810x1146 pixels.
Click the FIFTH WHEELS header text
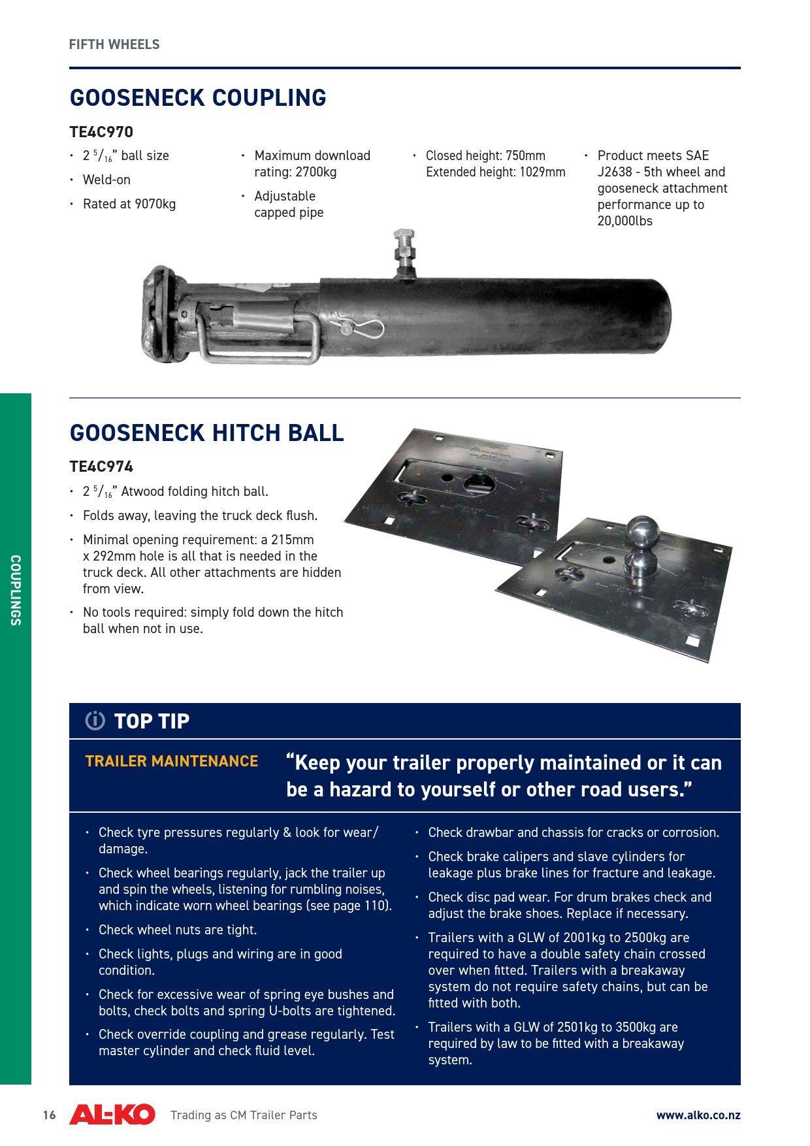click(114, 44)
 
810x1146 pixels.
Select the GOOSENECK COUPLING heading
click(198, 98)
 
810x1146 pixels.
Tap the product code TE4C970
click(101, 132)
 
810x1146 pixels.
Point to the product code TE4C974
click(101, 467)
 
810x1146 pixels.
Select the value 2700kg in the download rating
click(316, 172)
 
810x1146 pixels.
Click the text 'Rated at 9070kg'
click(129, 204)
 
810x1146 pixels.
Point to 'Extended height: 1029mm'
click(496, 172)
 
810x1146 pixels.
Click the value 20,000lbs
click(625, 221)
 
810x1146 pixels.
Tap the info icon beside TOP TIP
click(95, 720)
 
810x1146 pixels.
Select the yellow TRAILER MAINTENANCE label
click(172, 761)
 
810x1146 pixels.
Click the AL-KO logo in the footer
click(112, 1115)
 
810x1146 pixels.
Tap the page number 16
click(50, 1115)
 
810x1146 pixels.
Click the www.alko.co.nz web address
click(698, 1115)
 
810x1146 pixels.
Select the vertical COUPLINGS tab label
click(16, 590)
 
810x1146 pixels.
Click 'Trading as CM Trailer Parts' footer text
click(244, 1115)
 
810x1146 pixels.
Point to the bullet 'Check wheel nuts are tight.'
click(178, 930)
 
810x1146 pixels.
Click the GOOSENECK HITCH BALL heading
click(206, 433)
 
